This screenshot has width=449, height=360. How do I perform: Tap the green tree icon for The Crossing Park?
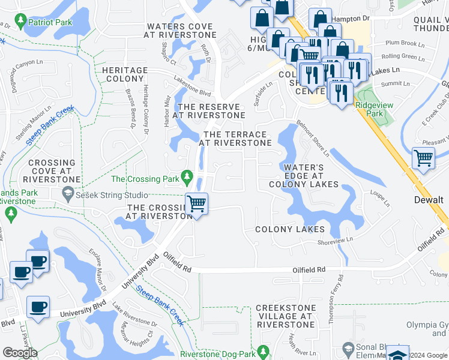187,178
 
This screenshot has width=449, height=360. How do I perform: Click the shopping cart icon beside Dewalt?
424,159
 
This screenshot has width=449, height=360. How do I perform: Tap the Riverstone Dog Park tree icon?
262,351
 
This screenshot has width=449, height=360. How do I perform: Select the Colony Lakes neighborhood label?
290,229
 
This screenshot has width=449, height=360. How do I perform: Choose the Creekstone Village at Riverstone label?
285,316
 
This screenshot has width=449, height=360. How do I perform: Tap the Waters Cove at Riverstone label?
179,31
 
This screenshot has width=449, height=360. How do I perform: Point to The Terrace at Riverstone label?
237,139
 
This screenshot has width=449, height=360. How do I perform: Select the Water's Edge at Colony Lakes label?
303,176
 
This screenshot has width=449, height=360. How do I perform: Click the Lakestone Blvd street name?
193,90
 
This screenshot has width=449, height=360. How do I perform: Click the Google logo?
20,353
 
